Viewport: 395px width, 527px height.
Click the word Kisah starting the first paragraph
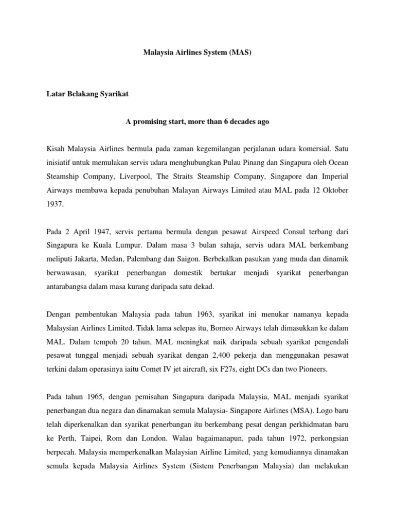pyautogui.click(x=56, y=149)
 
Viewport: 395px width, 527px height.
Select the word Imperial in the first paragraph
pyautogui.click(x=335, y=177)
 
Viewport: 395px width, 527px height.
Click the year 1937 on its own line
pyautogui.click(x=55, y=205)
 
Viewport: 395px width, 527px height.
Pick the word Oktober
pyautogui.click(x=335, y=191)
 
